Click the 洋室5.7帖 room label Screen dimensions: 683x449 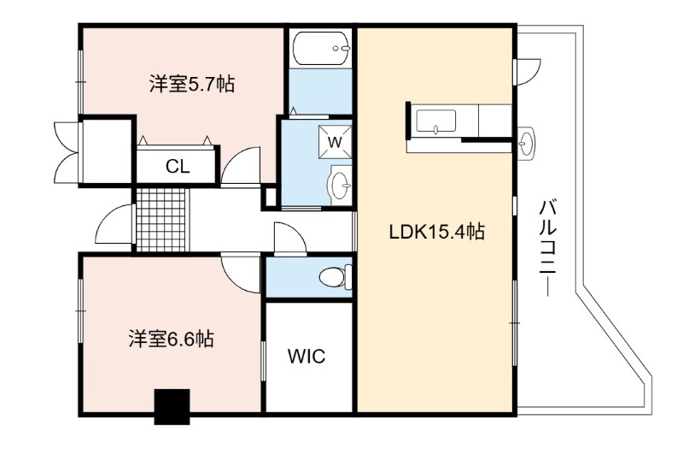point(191,84)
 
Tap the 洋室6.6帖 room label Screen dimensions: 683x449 point(171,339)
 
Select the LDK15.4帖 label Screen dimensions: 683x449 point(436,231)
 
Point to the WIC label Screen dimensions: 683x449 point(306,356)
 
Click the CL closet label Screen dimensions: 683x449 point(178,166)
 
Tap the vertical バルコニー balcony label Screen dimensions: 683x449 point(547,247)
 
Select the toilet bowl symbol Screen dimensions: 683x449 point(336,276)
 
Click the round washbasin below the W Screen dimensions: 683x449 point(339,186)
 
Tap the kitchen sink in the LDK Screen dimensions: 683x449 point(436,121)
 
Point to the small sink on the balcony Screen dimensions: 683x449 point(527,143)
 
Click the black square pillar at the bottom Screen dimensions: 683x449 point(172,407)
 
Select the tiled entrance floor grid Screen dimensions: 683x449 point(161,220)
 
